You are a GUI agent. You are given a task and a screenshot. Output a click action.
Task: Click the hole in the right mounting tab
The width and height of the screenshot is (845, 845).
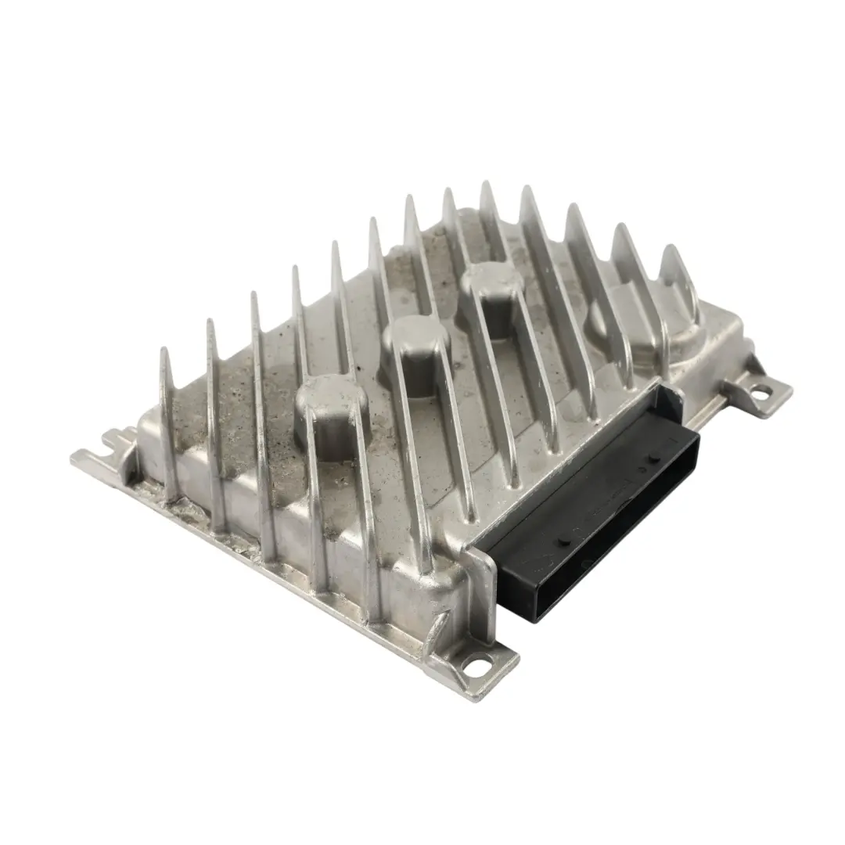(758, 393)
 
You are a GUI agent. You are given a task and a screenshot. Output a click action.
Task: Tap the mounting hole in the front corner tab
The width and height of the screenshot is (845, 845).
(471, 667)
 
